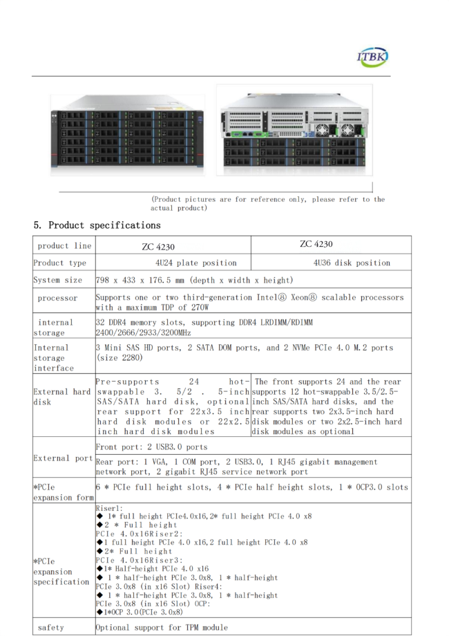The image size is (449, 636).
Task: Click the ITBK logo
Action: tap(372, 57)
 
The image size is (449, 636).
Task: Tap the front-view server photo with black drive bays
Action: tap(128, 135)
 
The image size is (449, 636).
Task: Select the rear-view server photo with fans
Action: tap(294, 130)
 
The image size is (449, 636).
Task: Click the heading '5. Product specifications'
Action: tap(97, 225)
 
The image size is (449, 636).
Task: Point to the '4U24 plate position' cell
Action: tap(195, 263)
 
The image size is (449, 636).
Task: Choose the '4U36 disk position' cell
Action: tap(352, 263)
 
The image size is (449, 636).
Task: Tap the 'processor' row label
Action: tap(57, 298)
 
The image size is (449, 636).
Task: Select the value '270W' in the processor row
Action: tap(200, 308)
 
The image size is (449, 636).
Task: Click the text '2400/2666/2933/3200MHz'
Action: tap(143, 333)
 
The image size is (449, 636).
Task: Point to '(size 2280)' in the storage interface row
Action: tap(120, 358)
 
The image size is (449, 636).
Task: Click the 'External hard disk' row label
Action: tap(62, 397)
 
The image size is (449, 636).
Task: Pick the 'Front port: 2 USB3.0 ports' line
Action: tap(151, 447)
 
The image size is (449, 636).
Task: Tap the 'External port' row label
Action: tap(64, 458)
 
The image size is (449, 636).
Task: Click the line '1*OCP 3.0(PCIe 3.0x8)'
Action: tap(140, 612)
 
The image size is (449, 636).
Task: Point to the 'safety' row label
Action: tap(50, 628)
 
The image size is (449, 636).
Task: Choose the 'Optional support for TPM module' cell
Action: tap(162, 628)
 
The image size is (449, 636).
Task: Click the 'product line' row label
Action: tap(64, 246)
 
